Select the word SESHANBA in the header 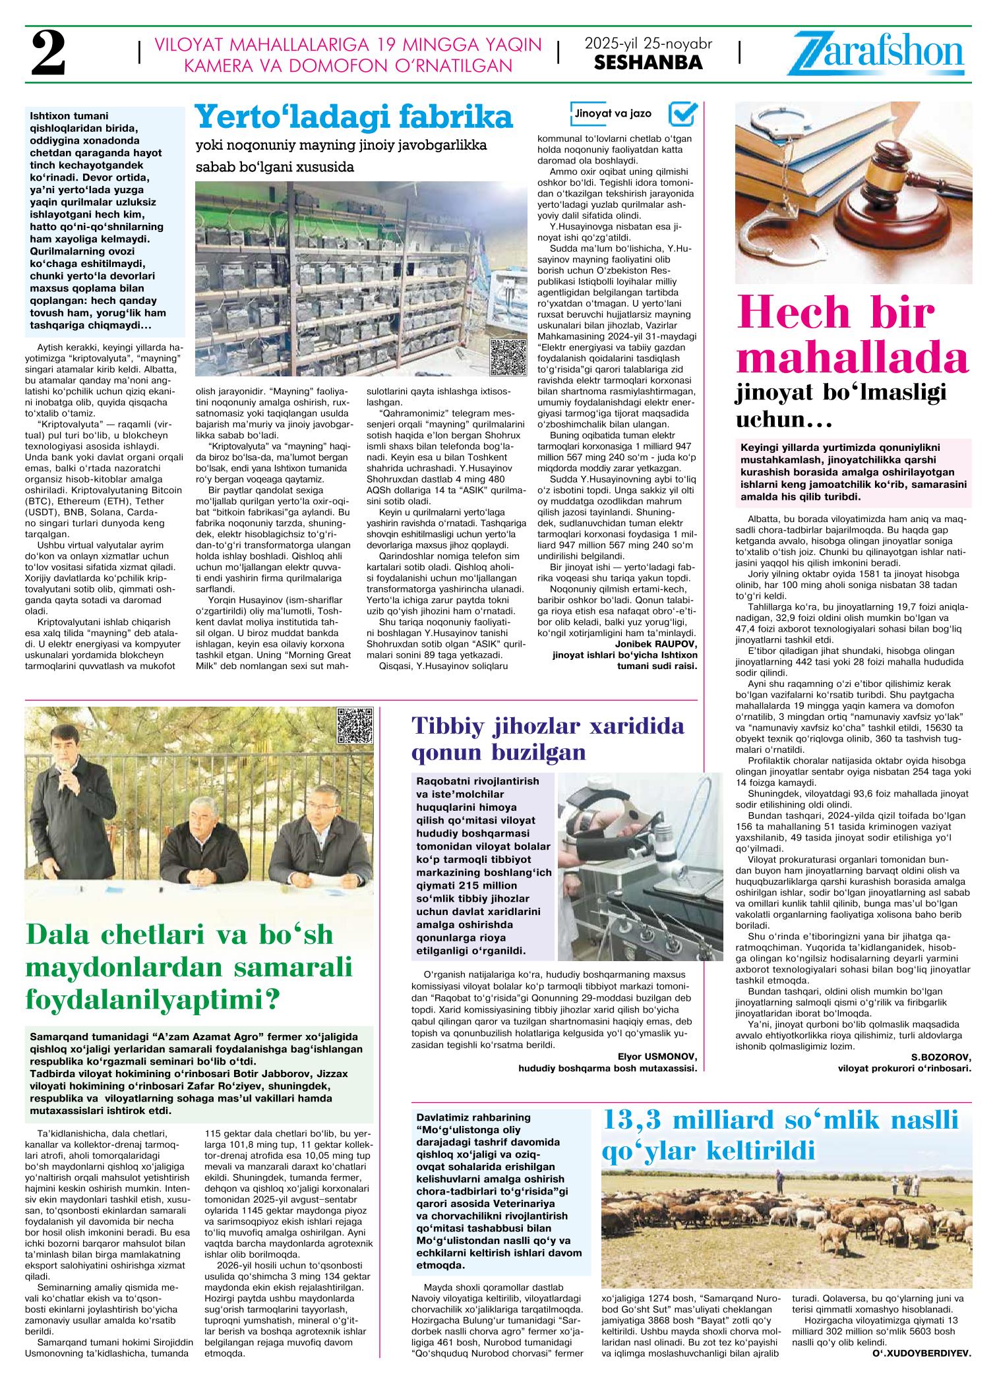click(x=648, y=63)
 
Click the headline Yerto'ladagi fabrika click(x=353, y=117)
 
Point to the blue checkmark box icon click(x=682, y=113)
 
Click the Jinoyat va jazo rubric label click(x=613, y=113)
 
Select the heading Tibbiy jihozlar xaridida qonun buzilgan click(x=547, y=738)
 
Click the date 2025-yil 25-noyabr click(x=648, y=44)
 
